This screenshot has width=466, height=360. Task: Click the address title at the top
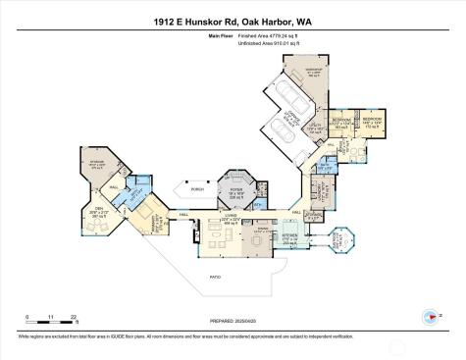click(x=233, y=20)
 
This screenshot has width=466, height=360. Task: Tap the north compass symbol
click(x=430, y=316)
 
